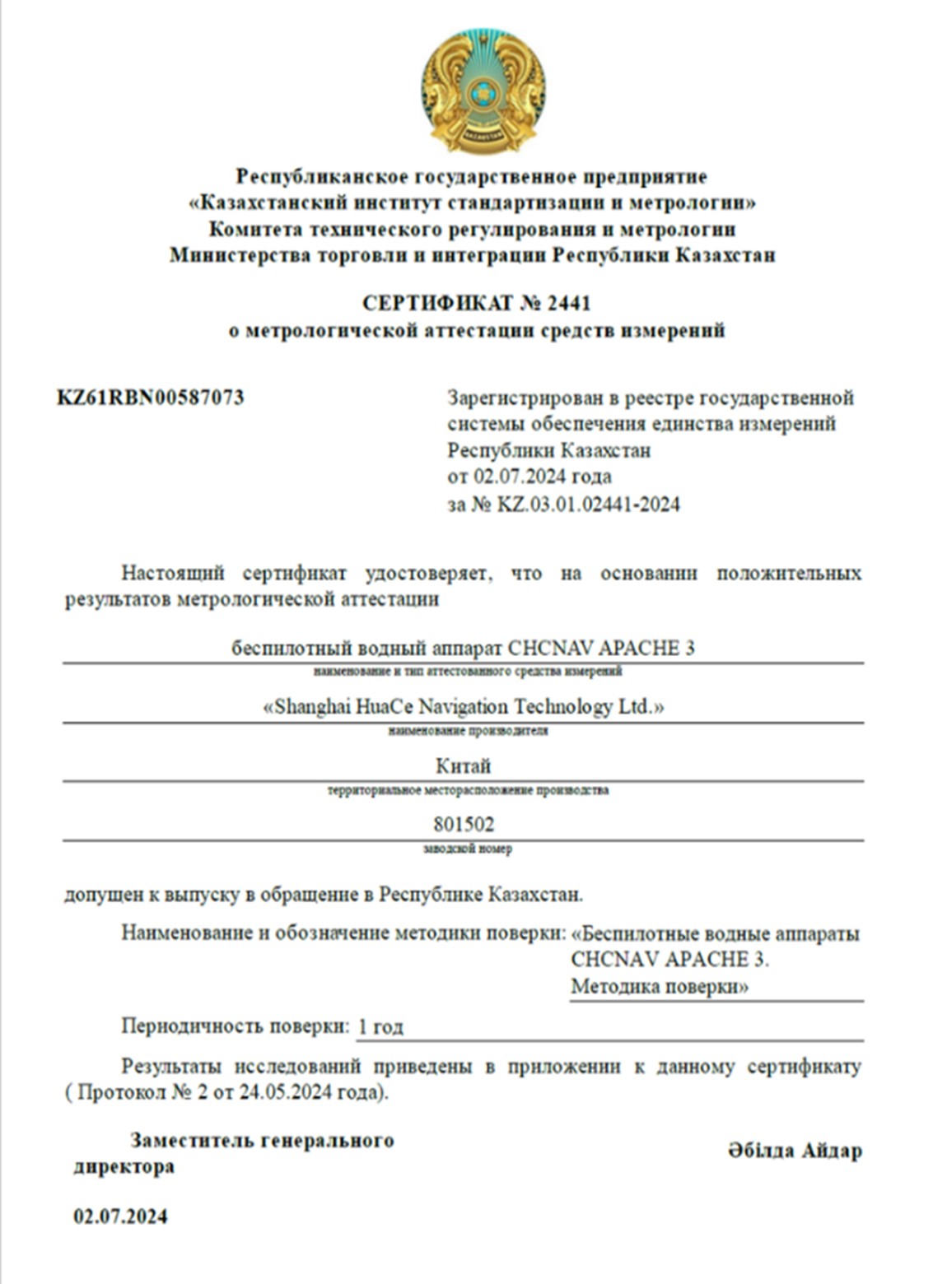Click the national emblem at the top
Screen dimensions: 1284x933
[x=483, y=91]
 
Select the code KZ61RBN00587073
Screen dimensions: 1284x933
[x=151, y=398]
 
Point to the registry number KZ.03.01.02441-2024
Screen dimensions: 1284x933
[x=589, y=504]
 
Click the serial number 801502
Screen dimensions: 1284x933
[x=464, y=824]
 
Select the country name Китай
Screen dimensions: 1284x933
[x=464, y=765]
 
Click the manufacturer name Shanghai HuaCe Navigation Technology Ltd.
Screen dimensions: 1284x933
[x=464, y=706]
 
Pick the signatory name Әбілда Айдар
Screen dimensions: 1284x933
[x=795, y=1151]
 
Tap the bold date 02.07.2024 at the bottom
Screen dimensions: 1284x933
[x=120, y=1217]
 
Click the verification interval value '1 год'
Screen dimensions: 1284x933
[x=381, y=1027]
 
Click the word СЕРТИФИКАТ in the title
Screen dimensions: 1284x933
[x=437, y=304]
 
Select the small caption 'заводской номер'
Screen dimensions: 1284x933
[x=468, y=849]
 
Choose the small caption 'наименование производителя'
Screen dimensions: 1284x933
[x=468, y=731]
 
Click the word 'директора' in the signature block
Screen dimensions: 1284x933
[x=124, y=1166]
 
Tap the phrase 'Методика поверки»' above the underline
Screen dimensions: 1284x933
[x=660, y=987]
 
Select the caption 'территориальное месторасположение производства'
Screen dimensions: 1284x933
[x=468, y=790]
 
